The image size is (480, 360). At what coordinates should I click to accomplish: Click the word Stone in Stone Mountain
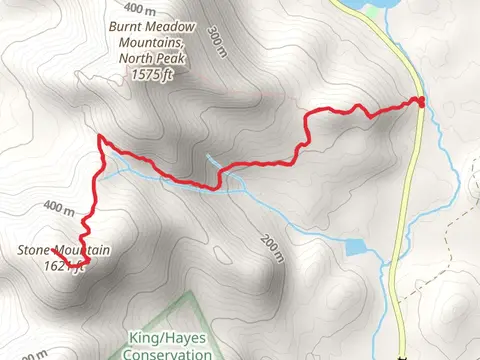35,251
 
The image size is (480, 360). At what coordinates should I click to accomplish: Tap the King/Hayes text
165,338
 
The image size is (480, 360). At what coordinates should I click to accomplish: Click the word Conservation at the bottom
166,353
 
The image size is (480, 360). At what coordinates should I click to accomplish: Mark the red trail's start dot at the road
421,100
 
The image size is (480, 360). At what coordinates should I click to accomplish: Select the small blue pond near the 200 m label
357,246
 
